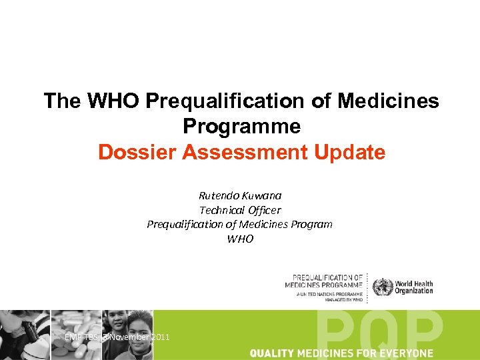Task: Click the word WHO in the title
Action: pyautogui.click(x=112, y=101)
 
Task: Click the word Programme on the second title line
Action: pyautogui.click(x=241, y=127)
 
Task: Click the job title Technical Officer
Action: pyautogui.click(x=240, y=210)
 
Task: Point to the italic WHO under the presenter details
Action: pyautogui.click(x=240, y=239)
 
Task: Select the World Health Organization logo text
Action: pyautogui.click(x=413, y=287)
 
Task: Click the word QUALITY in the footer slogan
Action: pyautogui.click(x=273, y=353)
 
